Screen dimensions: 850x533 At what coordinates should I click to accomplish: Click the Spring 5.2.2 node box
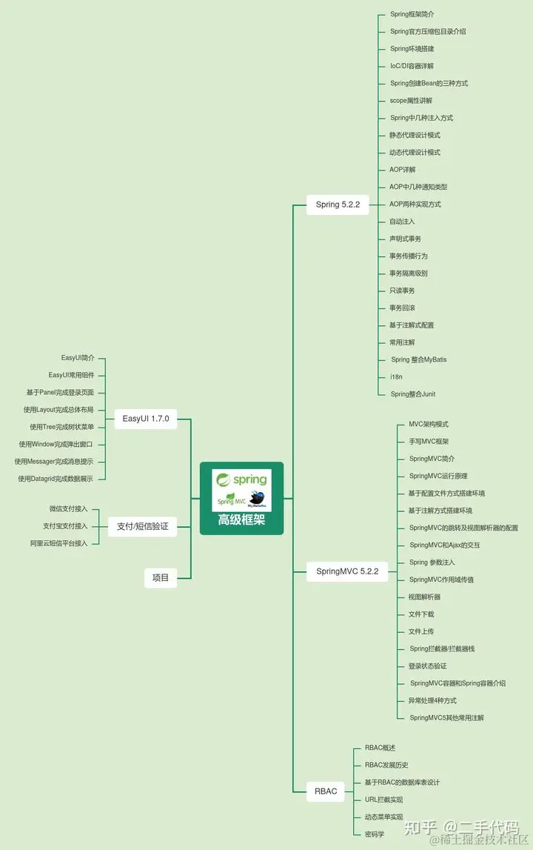338,205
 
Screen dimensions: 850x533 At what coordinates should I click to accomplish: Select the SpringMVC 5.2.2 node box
347,571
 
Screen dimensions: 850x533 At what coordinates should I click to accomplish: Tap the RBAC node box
326,791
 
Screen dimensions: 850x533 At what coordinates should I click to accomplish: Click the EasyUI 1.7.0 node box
146,419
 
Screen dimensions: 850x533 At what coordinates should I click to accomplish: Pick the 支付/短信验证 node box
143,527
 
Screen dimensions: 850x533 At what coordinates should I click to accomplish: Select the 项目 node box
161,578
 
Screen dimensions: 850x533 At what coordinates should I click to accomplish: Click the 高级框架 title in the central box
241,520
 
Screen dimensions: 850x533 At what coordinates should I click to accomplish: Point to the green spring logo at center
241,479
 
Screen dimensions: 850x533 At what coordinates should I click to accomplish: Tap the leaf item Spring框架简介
412,14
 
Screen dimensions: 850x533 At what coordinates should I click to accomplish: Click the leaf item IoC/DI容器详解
412,66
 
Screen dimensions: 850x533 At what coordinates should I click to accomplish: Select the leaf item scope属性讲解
411,101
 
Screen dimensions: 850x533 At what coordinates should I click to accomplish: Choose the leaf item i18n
396,377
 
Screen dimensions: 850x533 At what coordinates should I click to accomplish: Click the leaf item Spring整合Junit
412,394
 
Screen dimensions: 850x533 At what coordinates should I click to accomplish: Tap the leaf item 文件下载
421,614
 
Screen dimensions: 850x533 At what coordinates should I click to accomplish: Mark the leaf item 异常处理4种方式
432,700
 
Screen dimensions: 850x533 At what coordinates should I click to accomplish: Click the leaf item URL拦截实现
383,800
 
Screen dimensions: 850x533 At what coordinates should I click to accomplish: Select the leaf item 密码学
375,834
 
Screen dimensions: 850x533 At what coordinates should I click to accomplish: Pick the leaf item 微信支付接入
68,509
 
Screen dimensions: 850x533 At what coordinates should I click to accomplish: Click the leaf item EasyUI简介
78,358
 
